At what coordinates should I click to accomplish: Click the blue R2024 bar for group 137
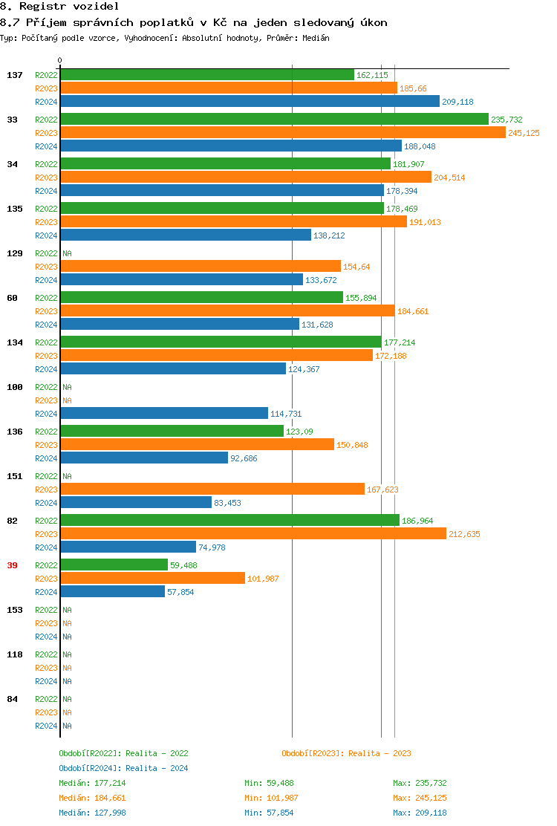point(250,102)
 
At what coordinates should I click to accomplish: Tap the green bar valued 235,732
point(274,120)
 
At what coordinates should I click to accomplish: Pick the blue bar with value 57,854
point(112,592)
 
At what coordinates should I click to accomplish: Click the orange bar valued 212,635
point(253,534)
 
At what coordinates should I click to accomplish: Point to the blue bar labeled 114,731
point(164,414)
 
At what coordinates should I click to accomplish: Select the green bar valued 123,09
point(172,432)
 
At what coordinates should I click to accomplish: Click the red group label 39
point(12,565)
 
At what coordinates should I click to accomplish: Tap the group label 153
point(14,610)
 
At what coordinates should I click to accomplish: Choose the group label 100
point(14,387)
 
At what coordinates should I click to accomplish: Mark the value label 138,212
point(329,235)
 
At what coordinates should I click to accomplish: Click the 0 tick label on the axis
point(60,60)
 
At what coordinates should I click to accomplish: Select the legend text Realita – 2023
point(380,753)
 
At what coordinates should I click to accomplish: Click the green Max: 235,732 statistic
point(420,783)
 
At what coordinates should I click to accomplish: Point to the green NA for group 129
point(67,253)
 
